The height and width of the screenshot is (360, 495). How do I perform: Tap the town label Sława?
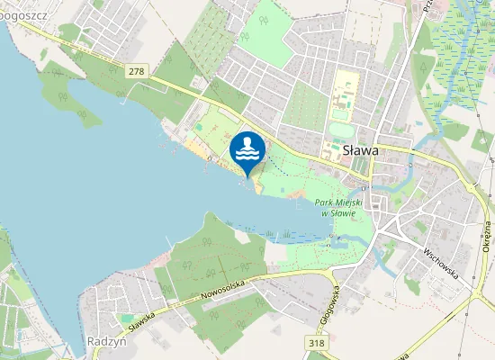[360, 151]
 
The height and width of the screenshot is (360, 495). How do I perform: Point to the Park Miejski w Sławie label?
[337, 208]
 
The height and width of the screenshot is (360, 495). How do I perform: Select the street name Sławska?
[142, 321]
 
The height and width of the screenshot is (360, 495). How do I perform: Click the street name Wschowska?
[438, 260]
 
